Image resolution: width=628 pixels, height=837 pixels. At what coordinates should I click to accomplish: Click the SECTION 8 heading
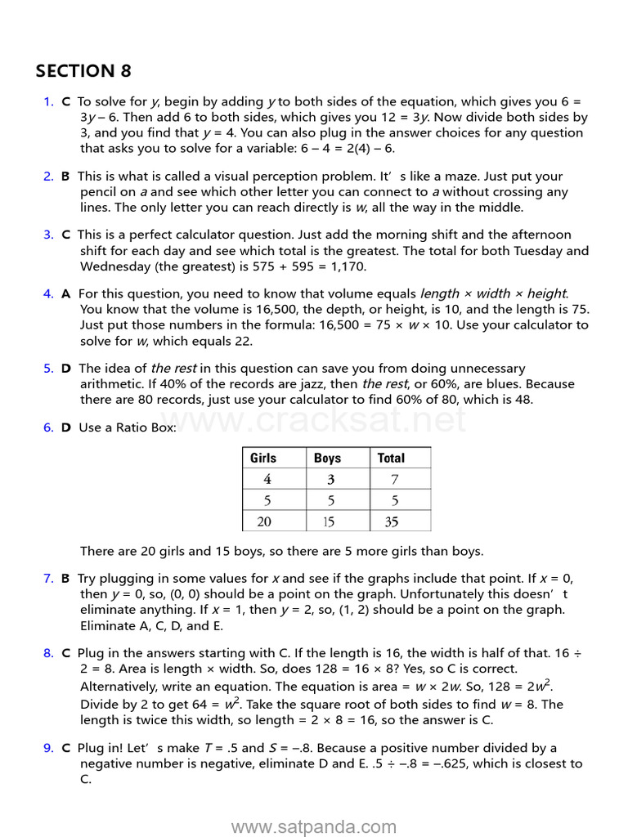click(83, 71)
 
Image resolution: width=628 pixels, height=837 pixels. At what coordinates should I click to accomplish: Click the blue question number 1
click(48, 102)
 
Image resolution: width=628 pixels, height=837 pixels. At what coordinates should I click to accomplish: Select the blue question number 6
click(48, 427)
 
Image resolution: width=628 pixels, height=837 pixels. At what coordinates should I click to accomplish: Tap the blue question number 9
click(48, 748)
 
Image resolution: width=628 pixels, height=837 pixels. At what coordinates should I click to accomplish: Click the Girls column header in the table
click(263, 458)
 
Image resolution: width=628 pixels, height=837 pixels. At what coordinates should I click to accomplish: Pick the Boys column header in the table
click(327, 458)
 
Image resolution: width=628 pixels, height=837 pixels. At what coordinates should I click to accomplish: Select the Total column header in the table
click(391, 458)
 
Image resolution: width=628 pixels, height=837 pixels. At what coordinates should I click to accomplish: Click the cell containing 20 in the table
click(264, 521)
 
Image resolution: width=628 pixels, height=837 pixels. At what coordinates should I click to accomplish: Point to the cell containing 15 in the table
click(328, 521)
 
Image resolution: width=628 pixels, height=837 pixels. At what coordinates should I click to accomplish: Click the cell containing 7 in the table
click(394, 480)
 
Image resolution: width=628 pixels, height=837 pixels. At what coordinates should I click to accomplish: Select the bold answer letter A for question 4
click(65, 293)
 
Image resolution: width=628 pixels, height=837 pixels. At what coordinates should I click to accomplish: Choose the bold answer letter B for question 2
click(65, 177)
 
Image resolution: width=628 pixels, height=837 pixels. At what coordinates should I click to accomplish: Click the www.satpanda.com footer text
click(314, 827)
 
